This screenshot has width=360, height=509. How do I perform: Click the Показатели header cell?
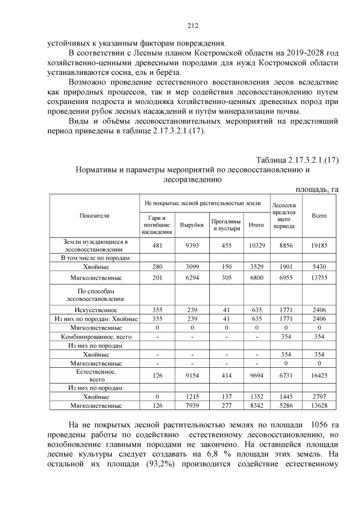tap(94, 215)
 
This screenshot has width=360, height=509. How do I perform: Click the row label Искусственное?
tap(94, 309)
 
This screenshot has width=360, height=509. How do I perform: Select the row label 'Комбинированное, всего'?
tap(94, 336)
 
